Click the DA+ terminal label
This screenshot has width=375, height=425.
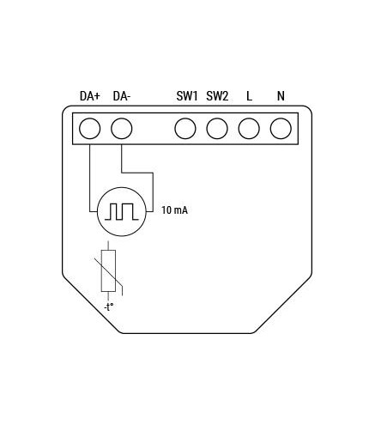(90, 96)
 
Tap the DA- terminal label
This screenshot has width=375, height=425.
(122, 96)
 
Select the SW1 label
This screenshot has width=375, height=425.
(187, 96)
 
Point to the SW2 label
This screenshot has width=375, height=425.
(217, 96)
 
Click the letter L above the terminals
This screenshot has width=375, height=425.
(249, 96)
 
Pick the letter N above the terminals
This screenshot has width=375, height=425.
(281, 96)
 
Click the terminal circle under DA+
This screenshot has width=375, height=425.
(90, 129)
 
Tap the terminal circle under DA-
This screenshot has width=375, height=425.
(122, 129)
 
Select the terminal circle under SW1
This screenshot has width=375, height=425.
(185, 129)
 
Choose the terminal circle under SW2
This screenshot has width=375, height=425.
(217, 129)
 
